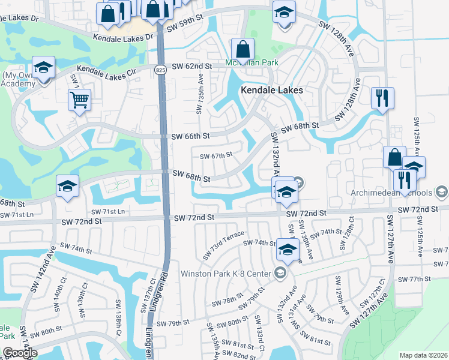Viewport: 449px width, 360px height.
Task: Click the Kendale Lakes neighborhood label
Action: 271,90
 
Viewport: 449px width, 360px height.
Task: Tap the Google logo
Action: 20,353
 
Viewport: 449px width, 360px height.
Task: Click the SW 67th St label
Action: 215,156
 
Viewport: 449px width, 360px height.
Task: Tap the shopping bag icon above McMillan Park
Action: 243,49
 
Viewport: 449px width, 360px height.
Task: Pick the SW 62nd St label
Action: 193,66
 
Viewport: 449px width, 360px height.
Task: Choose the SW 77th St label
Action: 414,280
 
